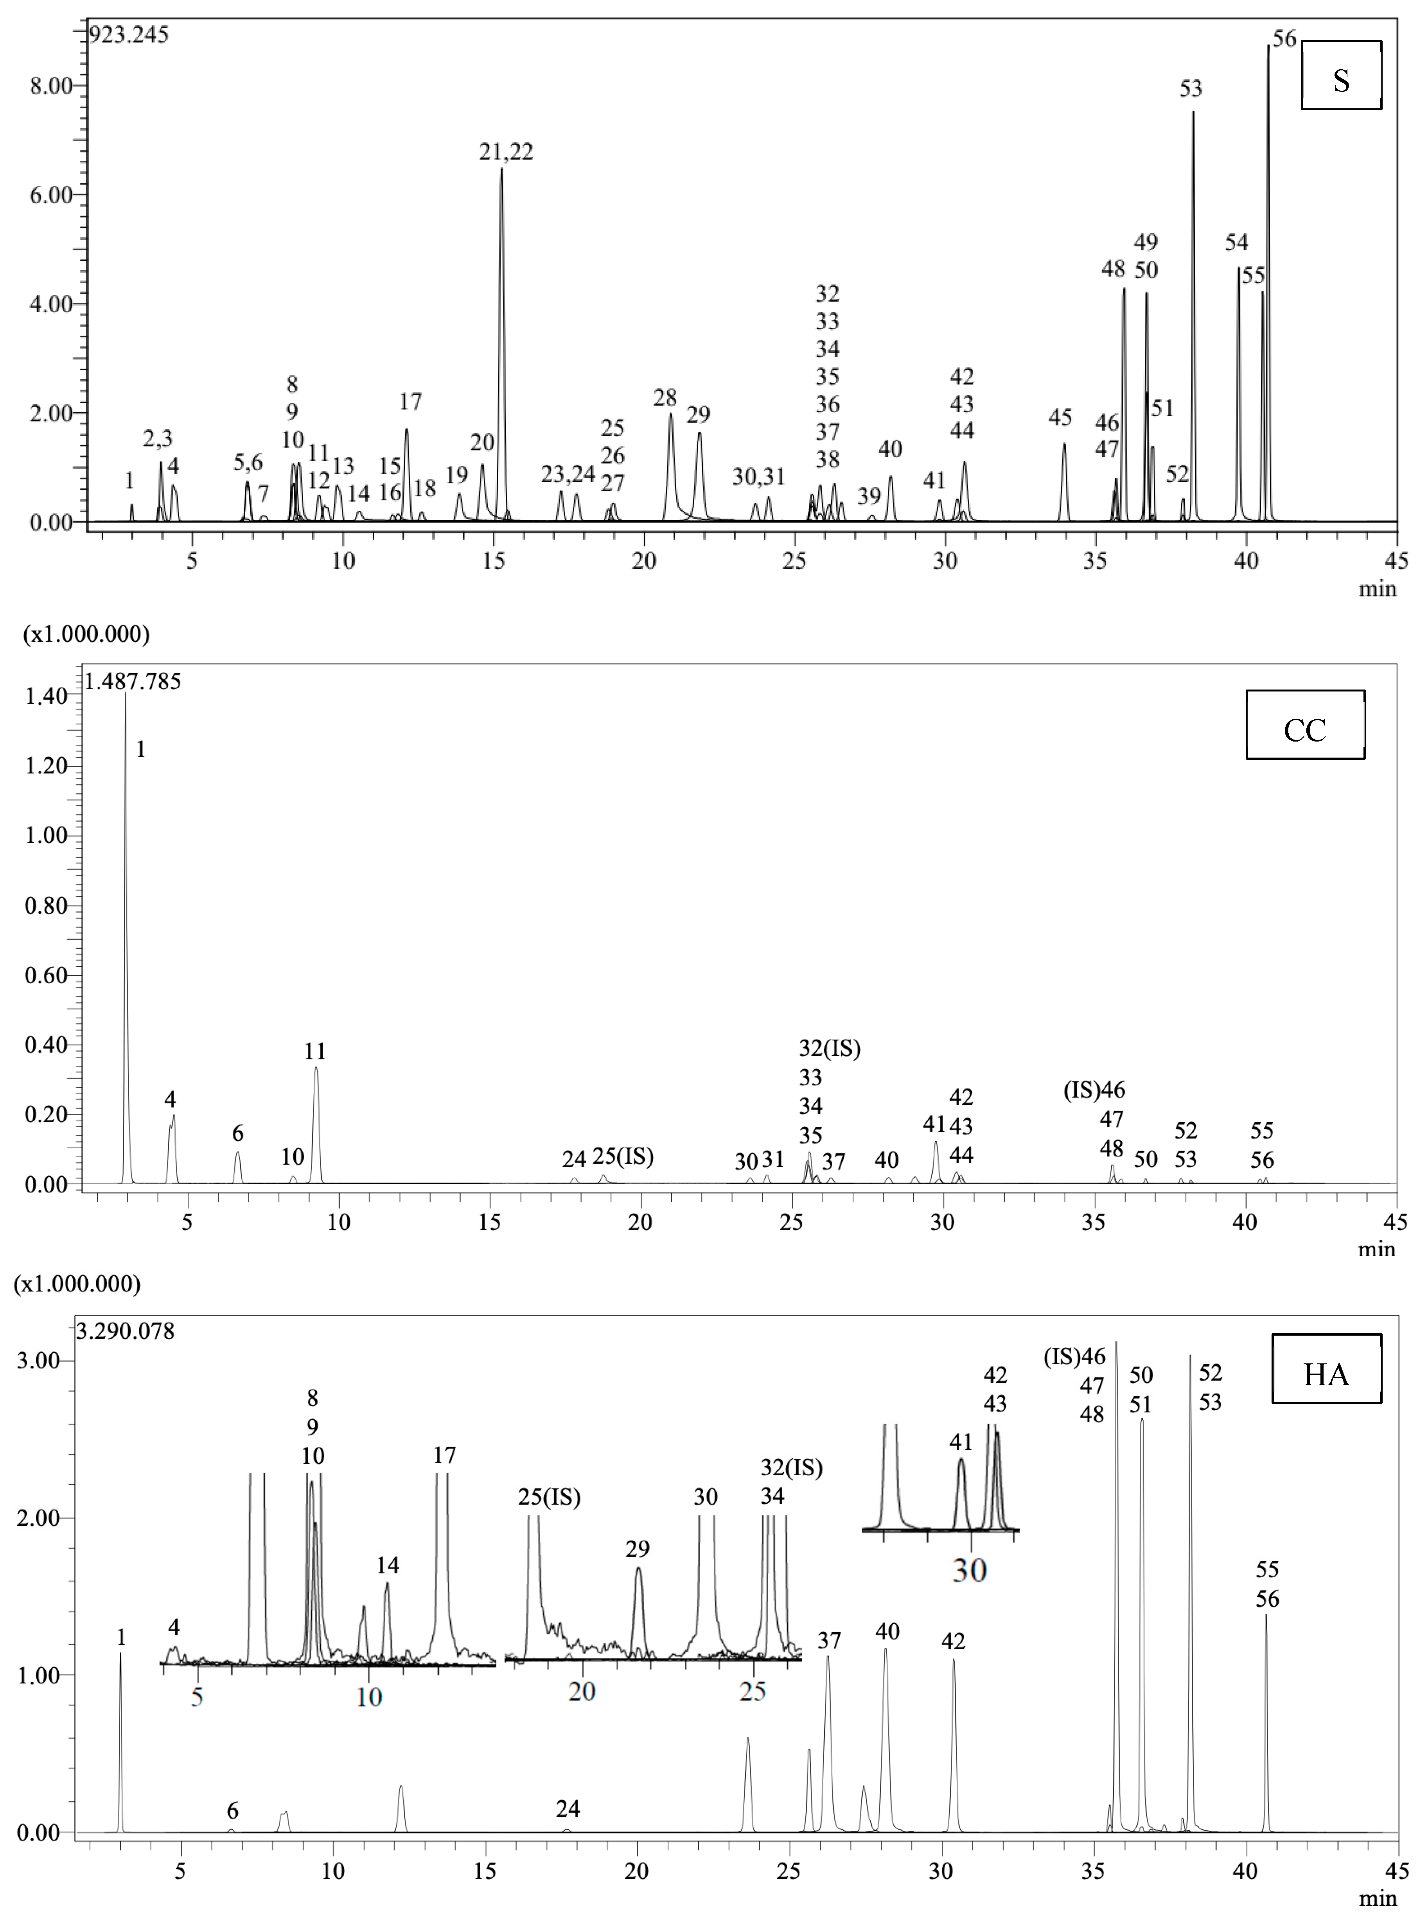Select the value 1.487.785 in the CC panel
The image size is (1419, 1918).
coord(133,681)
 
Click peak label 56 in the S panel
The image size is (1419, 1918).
coord(1284,39)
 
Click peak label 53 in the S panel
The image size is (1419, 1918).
coord(1191,88)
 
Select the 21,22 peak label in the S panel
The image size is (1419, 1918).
coord(506,152)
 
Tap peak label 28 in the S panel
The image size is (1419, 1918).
coord(665,398)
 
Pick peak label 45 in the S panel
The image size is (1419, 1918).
coord(1060,417)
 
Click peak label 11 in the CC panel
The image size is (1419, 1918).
coord(315,1051)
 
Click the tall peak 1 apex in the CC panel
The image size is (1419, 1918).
coord(126,694)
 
